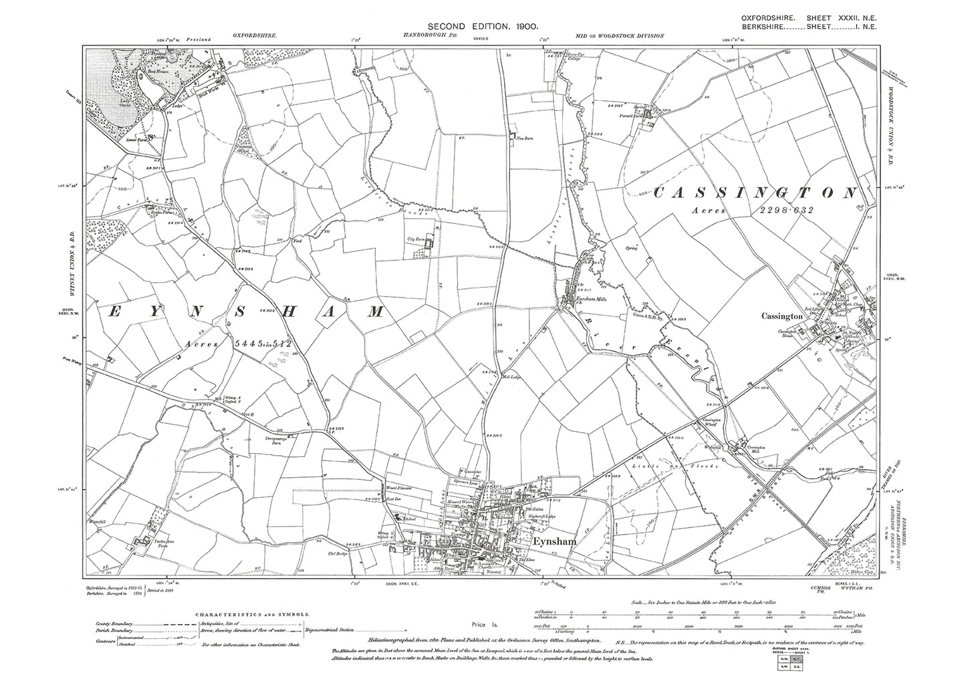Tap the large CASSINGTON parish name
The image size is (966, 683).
(x=753, y=193)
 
